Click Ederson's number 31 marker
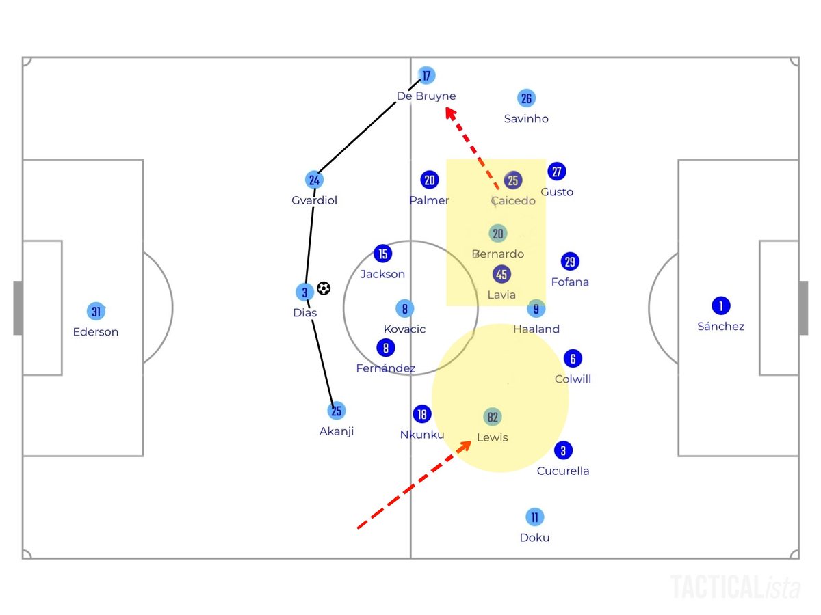pyautogui.click(x=96, y=312)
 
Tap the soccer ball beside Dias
pyautogui.click(x=324, y=289)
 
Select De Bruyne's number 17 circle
pyautogui.click(x=427, y=75)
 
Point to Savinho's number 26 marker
pyautogui.click(x=525, y=98)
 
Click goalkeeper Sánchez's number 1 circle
pyautogui.click(x=720, y=305)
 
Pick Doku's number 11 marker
pyautogui.click(x=534, y=517)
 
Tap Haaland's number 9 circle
pyautogui.click(x=536, y=308)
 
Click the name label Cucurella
pyautogui.click(x=563, y=471)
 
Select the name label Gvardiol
pyautogui.click(x=314, y=201)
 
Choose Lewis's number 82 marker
pyautogui.click(x=493, y=417)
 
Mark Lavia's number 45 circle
pyautogui.click(x=501, y=274)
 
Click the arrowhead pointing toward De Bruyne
pyautogui.click(x=450, y=113)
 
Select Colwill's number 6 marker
pyautogui.click(x=573, y=358)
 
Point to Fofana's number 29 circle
pyautogui.click(x=570, y=261)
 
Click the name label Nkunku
pyautogui.click(x=422, y=435)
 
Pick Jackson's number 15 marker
pyautogui.click(x=383, y=254)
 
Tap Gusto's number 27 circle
pyautogui.click(x=557, y=172)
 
